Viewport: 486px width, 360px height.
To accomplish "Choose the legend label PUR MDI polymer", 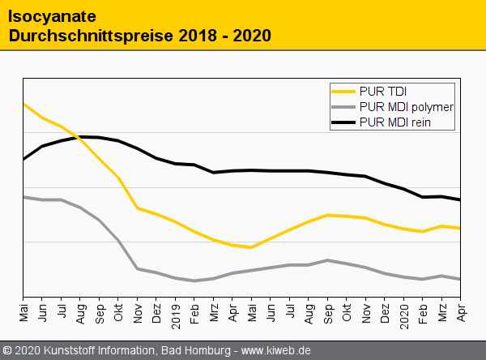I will coord(406,106).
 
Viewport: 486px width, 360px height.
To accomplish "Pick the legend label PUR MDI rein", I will coord(394,122).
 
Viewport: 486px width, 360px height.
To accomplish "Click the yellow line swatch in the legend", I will coord(344,91).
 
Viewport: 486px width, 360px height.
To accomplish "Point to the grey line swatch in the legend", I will coord(344,107).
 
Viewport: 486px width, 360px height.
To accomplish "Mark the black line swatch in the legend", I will coord(344,123).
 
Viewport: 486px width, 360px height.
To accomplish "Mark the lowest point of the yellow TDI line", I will coord(251,247).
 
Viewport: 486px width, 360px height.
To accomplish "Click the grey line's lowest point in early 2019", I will coord(194,281).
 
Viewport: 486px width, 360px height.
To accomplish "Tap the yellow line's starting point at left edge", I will coord(23,104).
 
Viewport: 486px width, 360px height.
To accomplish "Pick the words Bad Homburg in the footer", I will coord(194,350).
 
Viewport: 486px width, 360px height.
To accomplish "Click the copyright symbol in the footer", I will coord(7,350).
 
